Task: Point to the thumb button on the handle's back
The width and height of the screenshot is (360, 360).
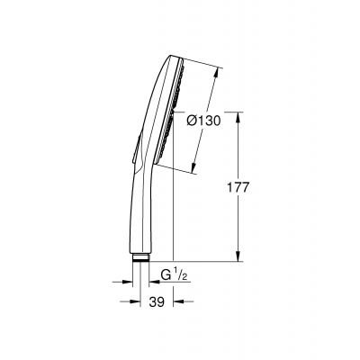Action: [137, 151]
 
